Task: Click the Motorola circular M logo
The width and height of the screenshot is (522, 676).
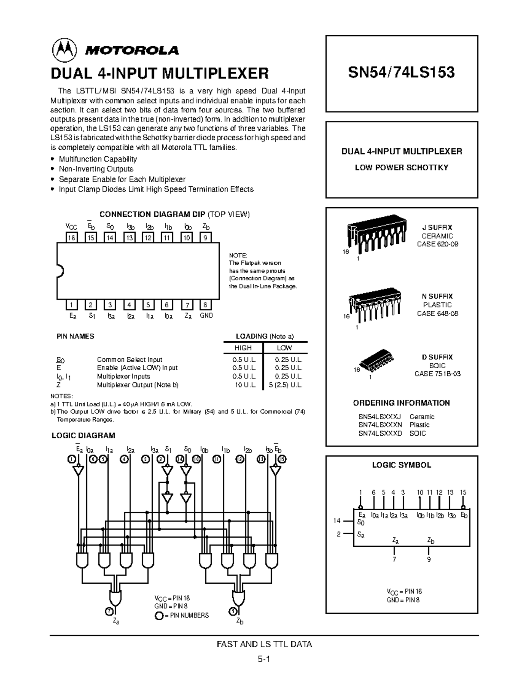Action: coord(64,50)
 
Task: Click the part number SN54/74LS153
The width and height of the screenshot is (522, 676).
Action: coord(401,72)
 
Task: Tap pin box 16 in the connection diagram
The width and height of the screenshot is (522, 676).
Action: coord(71,237)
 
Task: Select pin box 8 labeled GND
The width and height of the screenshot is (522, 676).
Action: coord(205,305)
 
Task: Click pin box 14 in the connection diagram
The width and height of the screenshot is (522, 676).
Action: coord(110,237)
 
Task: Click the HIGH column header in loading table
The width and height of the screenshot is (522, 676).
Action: coord(243,348)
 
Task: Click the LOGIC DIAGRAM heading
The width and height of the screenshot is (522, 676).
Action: coord(84,435)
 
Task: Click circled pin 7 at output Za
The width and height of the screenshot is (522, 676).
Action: coord(108,611)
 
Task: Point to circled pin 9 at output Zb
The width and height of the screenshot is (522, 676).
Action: coord(233,611)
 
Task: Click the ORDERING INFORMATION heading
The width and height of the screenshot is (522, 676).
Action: coord(401,403)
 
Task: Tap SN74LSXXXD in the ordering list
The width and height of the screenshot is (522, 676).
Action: coord(380,433)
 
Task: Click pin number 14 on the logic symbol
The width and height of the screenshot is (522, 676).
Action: coord(337,521)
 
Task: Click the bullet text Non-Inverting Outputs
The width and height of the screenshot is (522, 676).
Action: coord(96,169)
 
